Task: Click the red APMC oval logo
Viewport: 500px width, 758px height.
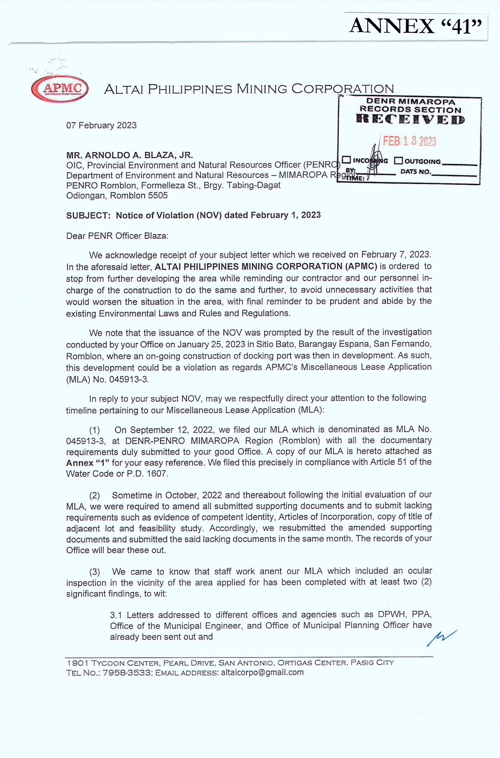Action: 60,88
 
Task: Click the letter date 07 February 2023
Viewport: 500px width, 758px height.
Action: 101,125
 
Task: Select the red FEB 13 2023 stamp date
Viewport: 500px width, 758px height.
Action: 409,141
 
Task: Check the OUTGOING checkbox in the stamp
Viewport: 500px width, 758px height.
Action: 398,161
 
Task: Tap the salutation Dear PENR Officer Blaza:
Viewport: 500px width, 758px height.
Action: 117,236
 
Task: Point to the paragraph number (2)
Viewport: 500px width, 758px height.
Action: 94,495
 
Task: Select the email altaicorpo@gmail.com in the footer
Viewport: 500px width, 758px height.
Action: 262,672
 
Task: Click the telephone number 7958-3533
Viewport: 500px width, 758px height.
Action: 127,673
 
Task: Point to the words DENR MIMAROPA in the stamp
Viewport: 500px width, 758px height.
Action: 411,102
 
